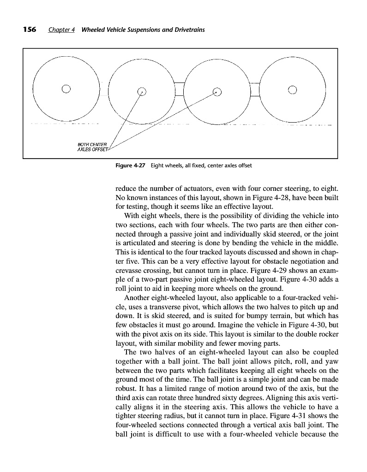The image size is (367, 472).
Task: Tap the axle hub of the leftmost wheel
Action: pos(66,89)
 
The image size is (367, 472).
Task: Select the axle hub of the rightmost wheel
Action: pos(293,89)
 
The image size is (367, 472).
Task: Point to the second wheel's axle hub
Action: pos(142,91)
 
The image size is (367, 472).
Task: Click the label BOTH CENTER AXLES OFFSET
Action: pos(92,147)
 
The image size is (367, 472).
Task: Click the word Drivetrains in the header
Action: pos(188,30)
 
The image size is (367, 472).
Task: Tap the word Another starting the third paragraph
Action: pos(141,297)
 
